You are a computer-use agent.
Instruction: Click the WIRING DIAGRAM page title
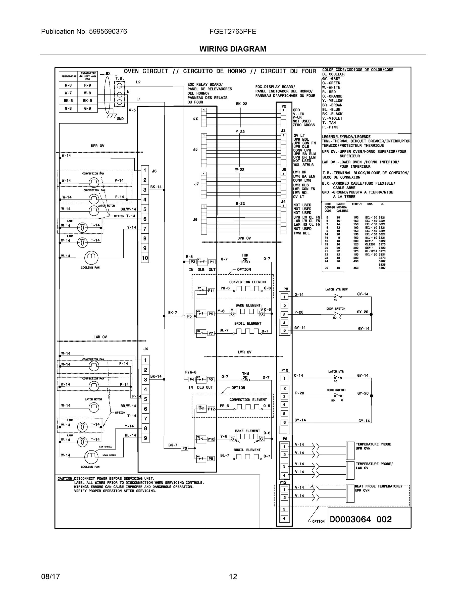pyautogui.click(x=233, y=49)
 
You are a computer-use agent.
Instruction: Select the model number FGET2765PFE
pyautogui.click(x=233, y=31)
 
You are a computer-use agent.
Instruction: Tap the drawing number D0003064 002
pyautogui.click(x=360, y=519)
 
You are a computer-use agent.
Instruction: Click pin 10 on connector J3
pyautogui.click(x=145, y=258)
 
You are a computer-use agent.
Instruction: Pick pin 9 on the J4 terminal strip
pyautogui.click(x=145, y=438)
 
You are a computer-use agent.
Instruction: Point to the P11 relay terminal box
pyautogui.click(x=211, y=291)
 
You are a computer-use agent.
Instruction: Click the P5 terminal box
pyautogui.click(x=189, y=316)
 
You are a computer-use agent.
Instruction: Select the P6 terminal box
pyautogui.click(x=184, y=448)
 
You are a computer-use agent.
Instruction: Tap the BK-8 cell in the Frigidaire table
pyautogui.click(x=68, y=101)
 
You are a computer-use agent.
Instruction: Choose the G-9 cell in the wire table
pyautogui.click(x=87, y=109)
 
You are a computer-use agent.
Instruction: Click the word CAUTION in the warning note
pyautogui.click(x=65, y=478)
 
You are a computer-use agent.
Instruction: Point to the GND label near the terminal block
pyautogui.click(x=120, y=119)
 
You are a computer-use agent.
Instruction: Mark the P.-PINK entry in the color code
pyautogui.click(x=330, y=127)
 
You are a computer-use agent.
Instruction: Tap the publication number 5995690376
pyautogui.click(x=108, y=31)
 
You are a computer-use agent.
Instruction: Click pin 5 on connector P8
pyautogui.click(x=284, y=330)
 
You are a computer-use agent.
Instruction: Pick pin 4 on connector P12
pyautogui.click(x=284, y=518)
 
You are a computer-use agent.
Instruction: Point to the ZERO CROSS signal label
pyautogui.click(x=304, y=125)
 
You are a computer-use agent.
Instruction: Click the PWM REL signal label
pyautogui.click(x=302, y=233)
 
